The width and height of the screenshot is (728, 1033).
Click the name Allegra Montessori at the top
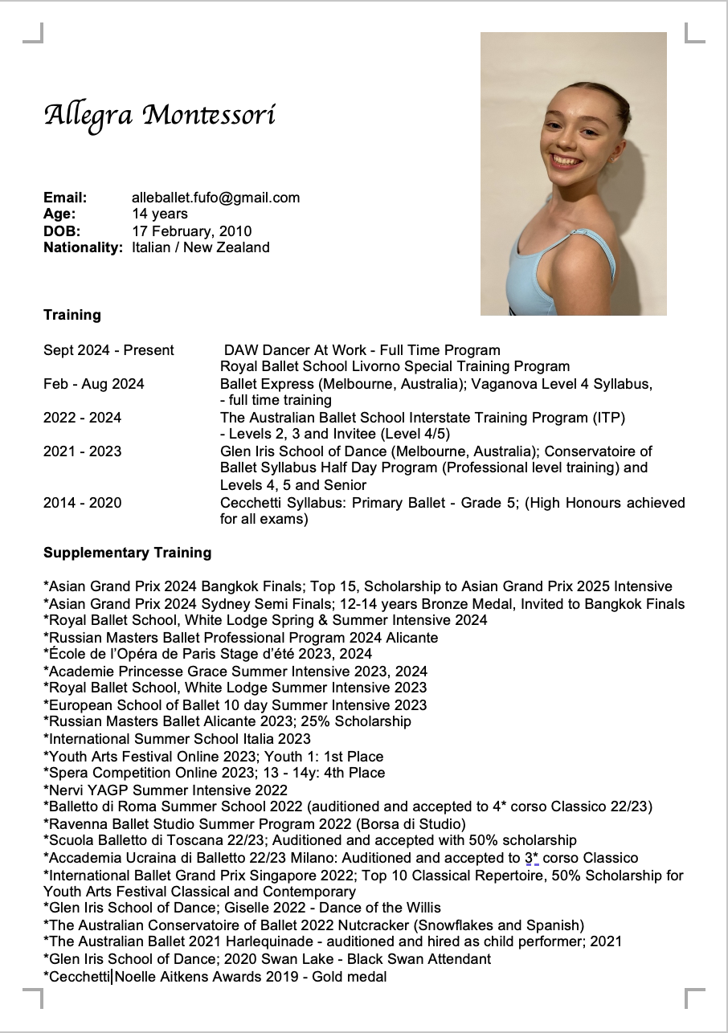(160, 116)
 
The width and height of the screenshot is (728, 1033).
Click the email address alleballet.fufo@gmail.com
(215, 198)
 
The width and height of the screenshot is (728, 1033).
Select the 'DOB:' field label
(62, 231)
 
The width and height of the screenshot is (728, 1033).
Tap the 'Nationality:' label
(83, 247)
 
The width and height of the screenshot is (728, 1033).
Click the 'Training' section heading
(72, 315)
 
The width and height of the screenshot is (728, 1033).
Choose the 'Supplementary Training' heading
(128, 553)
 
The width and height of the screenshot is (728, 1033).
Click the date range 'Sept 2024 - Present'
(108, 350)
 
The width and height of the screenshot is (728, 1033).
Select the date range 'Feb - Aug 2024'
(94, 384)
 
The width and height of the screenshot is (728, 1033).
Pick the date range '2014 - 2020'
(83, 503)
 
